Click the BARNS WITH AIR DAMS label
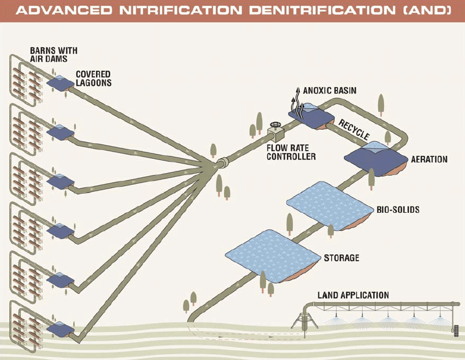[54, 55]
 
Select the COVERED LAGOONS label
[93, 79]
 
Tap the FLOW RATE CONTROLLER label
[291, 152]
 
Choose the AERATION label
[429, 159]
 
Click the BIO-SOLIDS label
[398, 209]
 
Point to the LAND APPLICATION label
[353, 295]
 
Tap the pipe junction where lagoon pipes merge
[219, 165]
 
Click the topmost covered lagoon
[59, 84]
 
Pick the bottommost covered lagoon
[59, 329]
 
